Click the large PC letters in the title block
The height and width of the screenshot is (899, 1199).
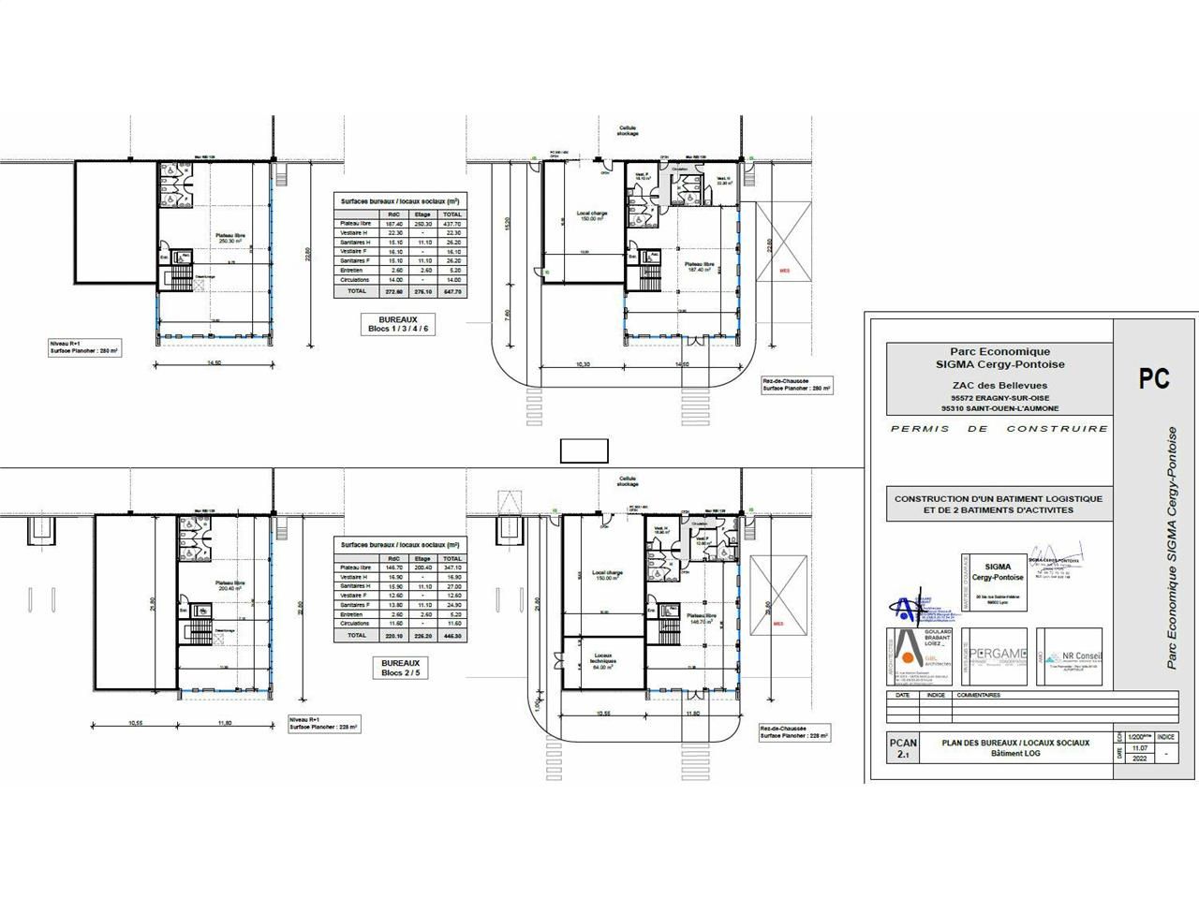point(1154,378)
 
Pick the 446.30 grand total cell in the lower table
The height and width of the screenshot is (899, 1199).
point(451,635)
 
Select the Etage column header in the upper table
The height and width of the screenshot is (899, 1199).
point(422,214)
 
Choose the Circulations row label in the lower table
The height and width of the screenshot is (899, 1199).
point(355,623)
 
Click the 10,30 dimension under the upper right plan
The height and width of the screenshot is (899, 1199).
point(581,364)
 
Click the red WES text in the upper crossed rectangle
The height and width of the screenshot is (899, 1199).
point(784,271)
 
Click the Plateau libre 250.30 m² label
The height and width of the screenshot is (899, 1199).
point(229,239)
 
